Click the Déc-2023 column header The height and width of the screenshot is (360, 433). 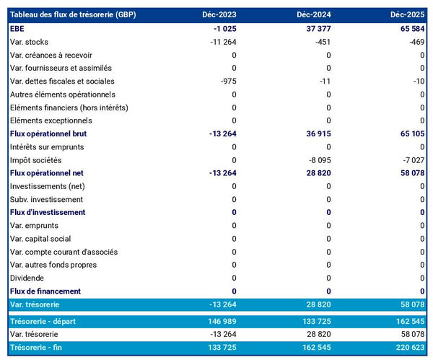pos(220,15)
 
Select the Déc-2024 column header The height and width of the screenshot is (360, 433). pos(315,15)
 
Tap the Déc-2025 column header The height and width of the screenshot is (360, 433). pos(408,15)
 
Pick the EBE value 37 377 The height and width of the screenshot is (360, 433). pos(316,29)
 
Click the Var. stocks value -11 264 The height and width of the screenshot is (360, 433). pos(220,42)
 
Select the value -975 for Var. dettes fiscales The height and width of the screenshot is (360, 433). pos(226,82)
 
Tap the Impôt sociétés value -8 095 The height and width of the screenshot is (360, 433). pos(318,160)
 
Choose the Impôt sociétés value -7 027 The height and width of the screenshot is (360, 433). pos(412,160)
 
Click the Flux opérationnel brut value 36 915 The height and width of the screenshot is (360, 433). pos(316,133)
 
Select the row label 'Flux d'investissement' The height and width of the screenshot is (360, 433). pos(48,212)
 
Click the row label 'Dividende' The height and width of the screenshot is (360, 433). pos(27,278)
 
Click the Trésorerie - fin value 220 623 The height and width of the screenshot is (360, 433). pos(408,348)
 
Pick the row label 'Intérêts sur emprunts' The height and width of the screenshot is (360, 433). pos(48,147)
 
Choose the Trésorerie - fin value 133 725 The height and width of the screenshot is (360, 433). pos(220,348)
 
